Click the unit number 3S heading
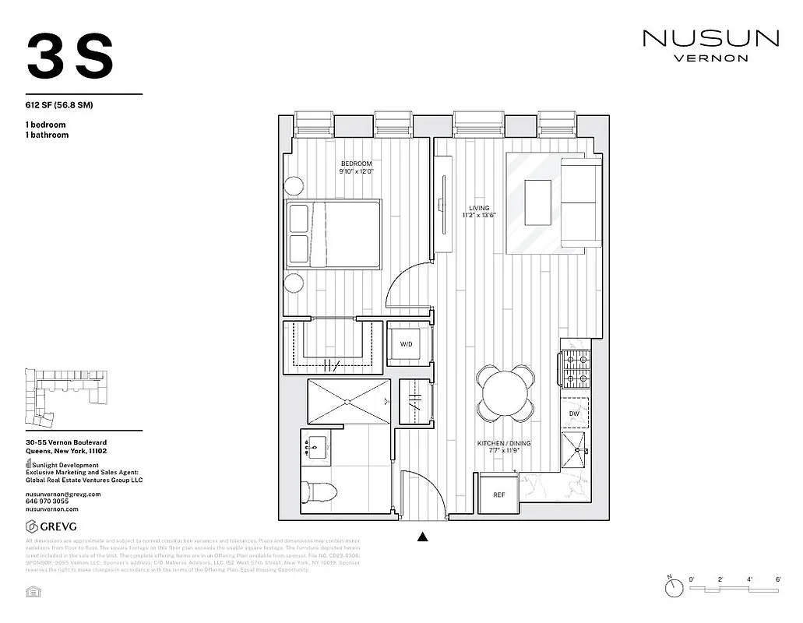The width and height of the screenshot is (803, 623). tap(70, 56)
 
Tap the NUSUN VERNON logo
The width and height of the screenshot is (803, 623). tap(710, 44)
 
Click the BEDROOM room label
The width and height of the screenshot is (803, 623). tap(356, 163)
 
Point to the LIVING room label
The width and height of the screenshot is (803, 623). tap(478, 208)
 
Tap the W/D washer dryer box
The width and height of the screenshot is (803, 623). tap(407, 343)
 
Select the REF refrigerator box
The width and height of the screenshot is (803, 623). tap(498, 494)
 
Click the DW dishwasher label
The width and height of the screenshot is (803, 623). tap(574, 413)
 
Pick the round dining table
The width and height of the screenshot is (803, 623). tap(505, 394)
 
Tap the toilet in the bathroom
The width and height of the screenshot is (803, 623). tap(321, 491)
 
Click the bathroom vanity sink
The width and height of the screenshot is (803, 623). tap(316, 447)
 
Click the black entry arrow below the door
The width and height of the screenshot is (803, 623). tap(423, 536)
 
